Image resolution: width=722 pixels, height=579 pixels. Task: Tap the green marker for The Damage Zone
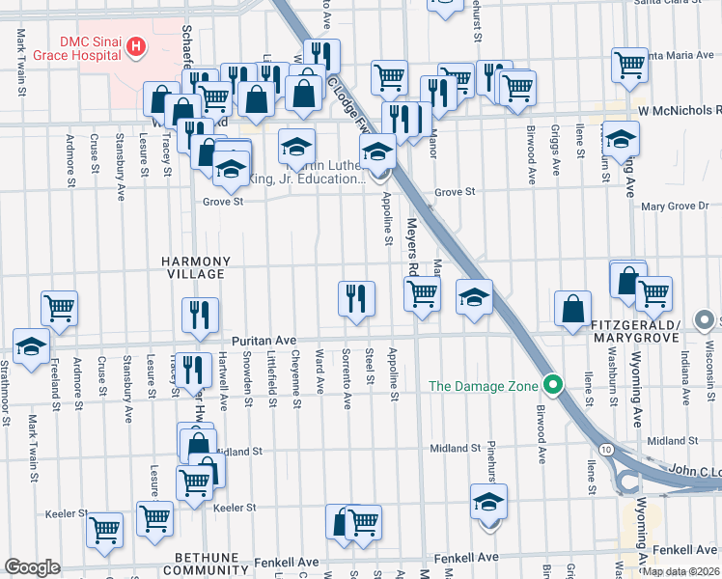pos(552,386)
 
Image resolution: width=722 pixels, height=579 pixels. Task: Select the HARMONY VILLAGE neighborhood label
pos(196,267)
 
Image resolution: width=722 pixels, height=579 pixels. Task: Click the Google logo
pos(32,567)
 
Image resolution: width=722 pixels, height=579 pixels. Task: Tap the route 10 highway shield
pos(604,450)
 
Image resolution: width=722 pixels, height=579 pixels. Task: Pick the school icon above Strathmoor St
pos(31,345)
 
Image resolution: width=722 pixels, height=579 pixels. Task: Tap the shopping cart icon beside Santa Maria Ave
pos(629,65)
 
